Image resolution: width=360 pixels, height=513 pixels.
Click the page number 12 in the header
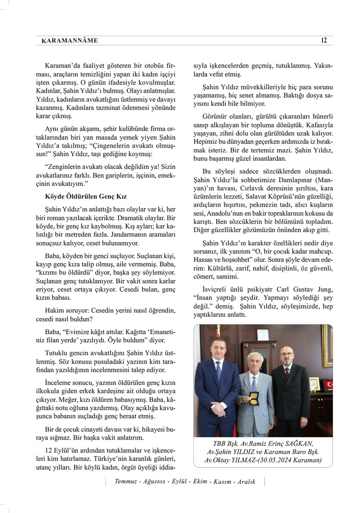click(324, 40)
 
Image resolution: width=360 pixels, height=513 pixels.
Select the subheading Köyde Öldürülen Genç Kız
click(86, 196)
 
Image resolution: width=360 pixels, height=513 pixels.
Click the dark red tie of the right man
click(287, 372)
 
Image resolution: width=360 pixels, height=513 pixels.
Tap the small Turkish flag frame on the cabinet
click(328, 385)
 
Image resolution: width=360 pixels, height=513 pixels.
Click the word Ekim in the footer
click(201, 482)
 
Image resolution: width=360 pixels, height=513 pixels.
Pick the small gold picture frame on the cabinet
click(315, 383)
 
